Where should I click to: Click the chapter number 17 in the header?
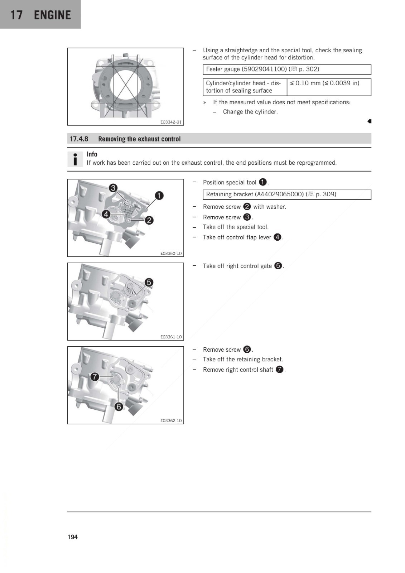[x=16, y=15]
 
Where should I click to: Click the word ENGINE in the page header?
[x=52, y=15]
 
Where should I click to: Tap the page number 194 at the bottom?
[x=73, y=537]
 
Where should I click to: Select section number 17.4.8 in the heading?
[x=79, y=139]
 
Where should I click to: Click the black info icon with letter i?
[x=75, y=159]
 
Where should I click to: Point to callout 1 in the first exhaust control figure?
[x=159, y=196]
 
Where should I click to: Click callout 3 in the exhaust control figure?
[x=113, y=188]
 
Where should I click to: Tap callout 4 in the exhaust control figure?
[x=106, y=215]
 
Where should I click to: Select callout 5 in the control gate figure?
[x=149, y=283]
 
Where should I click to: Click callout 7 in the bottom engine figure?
[x=95, y=376]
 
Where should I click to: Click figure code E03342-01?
[x=171, y=122]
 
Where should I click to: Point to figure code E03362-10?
[x=171, y=420]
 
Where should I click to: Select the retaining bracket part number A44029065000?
[x=279, y=194]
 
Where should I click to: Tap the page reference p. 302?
[x=309, y=69]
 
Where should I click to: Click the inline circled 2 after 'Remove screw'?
[x=247, y=206]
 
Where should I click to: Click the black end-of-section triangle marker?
[x=370, y=121]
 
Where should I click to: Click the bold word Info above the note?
[x=92, y=154]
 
